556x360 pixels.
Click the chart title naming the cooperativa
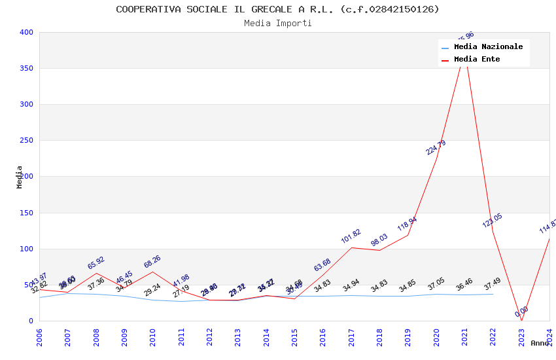coord(278,9)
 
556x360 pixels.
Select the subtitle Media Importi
coord(278,24)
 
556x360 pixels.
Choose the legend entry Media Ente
coord(477,60)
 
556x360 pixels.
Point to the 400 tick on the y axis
coord(26,32)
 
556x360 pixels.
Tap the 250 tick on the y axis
coord(26,141)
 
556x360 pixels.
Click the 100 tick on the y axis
coord(26,249)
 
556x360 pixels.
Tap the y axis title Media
coord(20,177)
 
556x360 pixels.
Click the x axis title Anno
coord(540,343)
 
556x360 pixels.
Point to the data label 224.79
coord(436,147)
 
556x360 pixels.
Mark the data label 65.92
coord(96,263)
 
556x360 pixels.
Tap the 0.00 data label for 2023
coord(521,312)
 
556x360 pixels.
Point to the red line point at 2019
coord(408,235)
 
